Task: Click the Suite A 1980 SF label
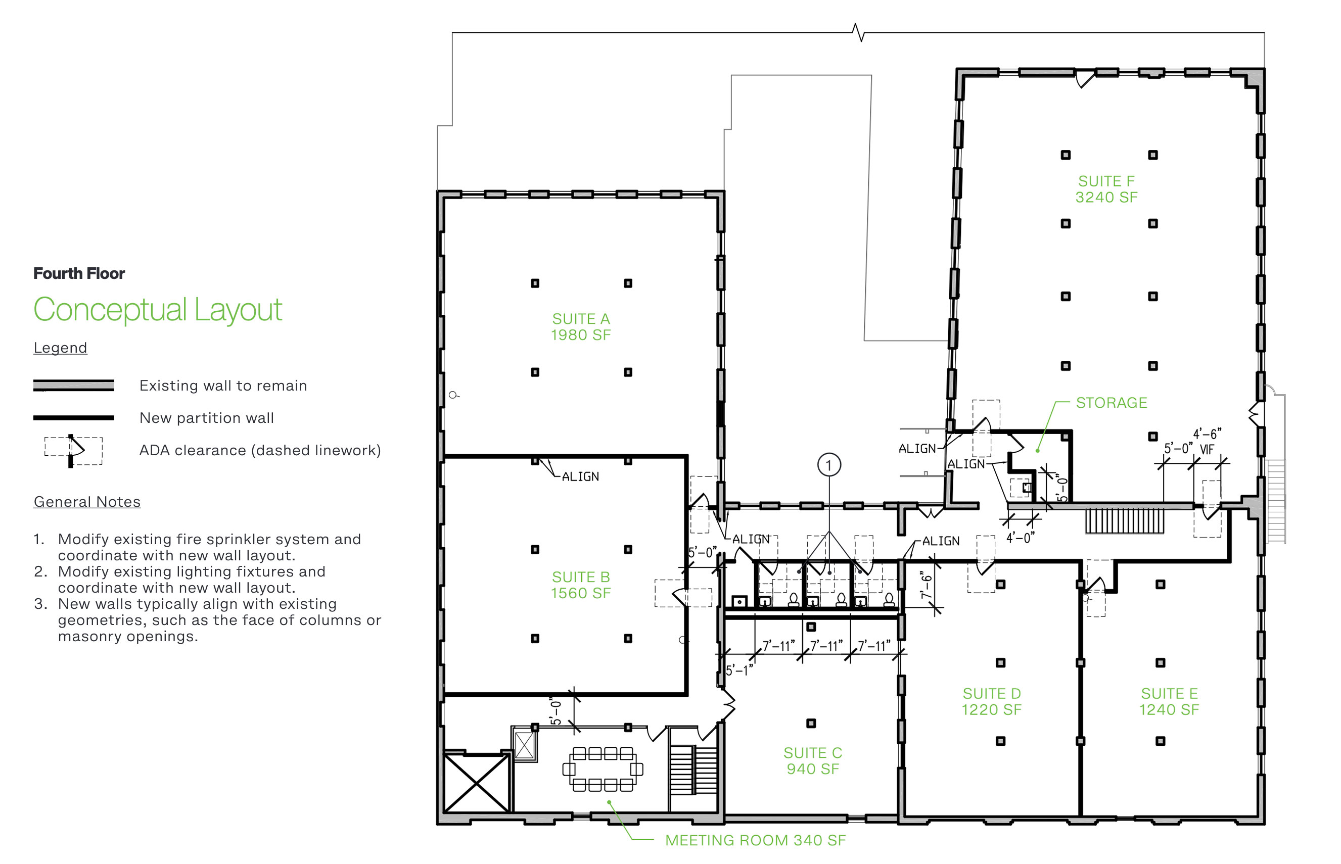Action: (x=581, y=326)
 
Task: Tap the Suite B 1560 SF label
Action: (x=581, y=585)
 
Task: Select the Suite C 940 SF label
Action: (x=812, y=760)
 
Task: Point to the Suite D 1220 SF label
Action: (x=991, y=701)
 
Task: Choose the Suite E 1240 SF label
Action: (x=1169, y=701)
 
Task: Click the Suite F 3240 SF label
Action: (x=1106, y=189)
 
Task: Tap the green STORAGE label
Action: (x=1111, y=403)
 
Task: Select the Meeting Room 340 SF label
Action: (x=755, y=840)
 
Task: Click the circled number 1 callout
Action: (x=829, y=465)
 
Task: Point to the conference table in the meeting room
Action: (x=603, y=769)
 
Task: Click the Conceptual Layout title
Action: (x=158, y=309)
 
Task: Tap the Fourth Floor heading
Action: (x=79, y=273)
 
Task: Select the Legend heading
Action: (x=60, y=348)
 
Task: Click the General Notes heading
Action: (x=87, y=502)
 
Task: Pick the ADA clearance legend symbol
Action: (x=73, y=451)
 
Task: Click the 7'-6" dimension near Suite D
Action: (x=927, y=586)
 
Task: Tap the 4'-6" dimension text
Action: (x=1207, y=434)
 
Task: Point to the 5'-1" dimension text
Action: (x=739, y=670)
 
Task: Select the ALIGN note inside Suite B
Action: (x=580, y=476)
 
